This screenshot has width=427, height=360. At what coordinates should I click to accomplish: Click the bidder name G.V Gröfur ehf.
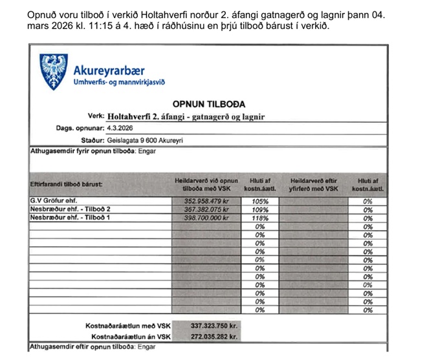coord(54,201)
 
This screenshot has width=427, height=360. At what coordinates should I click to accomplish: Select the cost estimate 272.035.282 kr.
coord(215,337)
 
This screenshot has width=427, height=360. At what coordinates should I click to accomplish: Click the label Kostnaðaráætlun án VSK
coord(131,337)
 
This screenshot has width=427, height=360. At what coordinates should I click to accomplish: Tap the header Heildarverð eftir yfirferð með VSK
coord(314,185)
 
